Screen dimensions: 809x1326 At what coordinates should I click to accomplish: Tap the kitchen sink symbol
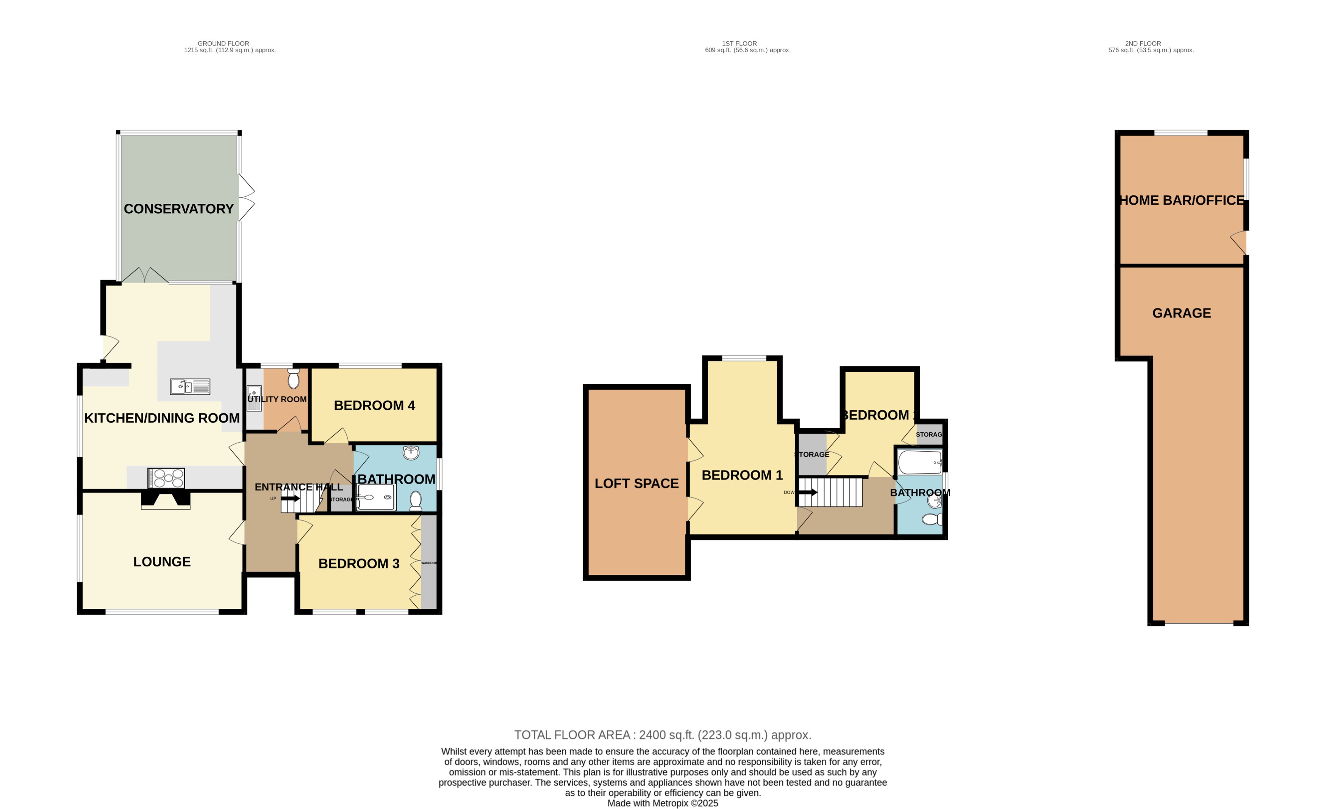(189, 387)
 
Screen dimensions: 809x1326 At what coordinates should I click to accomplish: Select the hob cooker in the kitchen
(166, 478)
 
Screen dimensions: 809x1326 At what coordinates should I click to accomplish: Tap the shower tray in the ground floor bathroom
(376, 498)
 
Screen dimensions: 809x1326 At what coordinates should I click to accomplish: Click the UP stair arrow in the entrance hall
(289, 498)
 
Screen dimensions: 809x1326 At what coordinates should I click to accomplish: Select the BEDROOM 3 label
(358, 563)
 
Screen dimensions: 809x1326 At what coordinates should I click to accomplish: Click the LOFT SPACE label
(636, 484)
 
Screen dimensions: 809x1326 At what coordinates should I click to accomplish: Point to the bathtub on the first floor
(920, 462)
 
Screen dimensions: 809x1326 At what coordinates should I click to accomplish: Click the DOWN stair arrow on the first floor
(807, 492)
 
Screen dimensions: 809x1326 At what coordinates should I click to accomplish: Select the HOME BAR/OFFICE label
(1181, 200)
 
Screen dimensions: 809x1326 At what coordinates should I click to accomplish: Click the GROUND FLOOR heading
(223, 44)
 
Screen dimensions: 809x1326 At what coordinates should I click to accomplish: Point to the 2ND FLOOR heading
(1143, 44)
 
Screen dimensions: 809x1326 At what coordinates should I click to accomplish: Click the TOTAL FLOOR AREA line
(663, 735)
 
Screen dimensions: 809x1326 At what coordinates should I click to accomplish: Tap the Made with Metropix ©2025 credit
(663, 803)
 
